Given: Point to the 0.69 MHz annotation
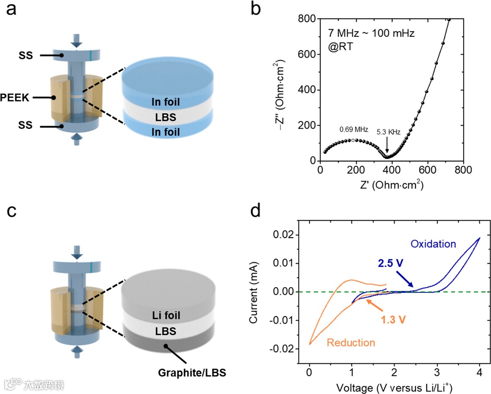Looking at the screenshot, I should [x=353, y=129].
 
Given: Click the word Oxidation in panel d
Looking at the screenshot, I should [x=433, y=244].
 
